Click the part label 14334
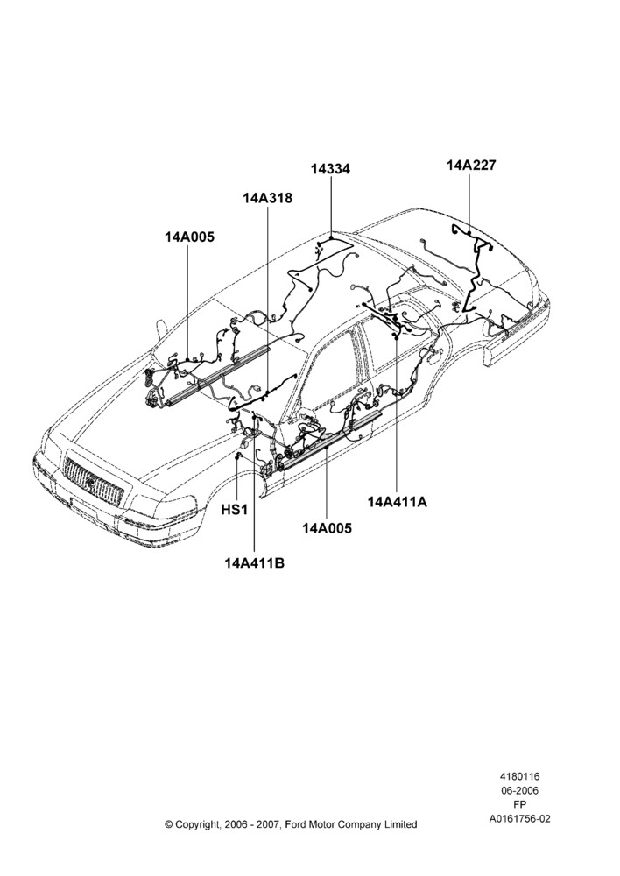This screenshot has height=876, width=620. [x=331, y=169]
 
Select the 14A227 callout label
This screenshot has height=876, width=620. [x=471, y=166]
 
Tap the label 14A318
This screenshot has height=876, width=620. [x=268, y=198]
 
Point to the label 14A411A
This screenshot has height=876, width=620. [x=398, y=502]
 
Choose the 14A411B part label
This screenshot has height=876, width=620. [x=254, y=562]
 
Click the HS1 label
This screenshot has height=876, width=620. [x=235, y=510]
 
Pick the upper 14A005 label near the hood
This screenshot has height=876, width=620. [x=189, y=237]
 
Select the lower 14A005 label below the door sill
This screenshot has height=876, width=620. [x=328, y=528]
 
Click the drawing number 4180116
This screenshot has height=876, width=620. [x=519, y=776]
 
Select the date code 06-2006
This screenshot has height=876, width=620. [x=519, y=790]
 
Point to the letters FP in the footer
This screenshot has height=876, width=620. [x=519, y=805]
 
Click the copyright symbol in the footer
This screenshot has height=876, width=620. [x=169, y=824]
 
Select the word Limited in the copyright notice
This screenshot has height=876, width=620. [x=400, y=824]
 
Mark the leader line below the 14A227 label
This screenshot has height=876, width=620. [x=469, y=203]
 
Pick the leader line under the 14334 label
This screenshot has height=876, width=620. [x=331, y=208]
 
